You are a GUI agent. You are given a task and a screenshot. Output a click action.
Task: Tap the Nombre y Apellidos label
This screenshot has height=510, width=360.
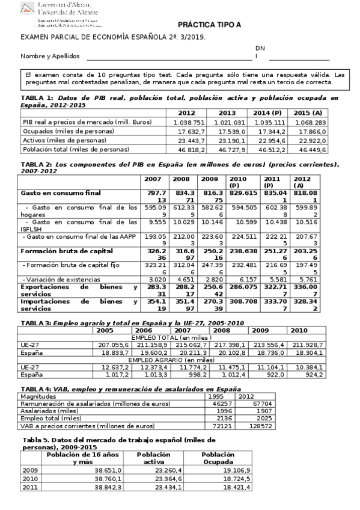pyautogui.click(x=50, y=56)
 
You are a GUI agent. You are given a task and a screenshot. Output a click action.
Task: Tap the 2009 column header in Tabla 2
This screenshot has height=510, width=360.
pyautogui.click(x=209, y=179)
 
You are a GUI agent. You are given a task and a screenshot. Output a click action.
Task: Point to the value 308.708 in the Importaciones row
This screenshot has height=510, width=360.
pyautogui.click(x=243, y=301)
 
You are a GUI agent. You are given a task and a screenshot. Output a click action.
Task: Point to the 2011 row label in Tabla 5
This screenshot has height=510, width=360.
pyautogui.click(x=29, y=488)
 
